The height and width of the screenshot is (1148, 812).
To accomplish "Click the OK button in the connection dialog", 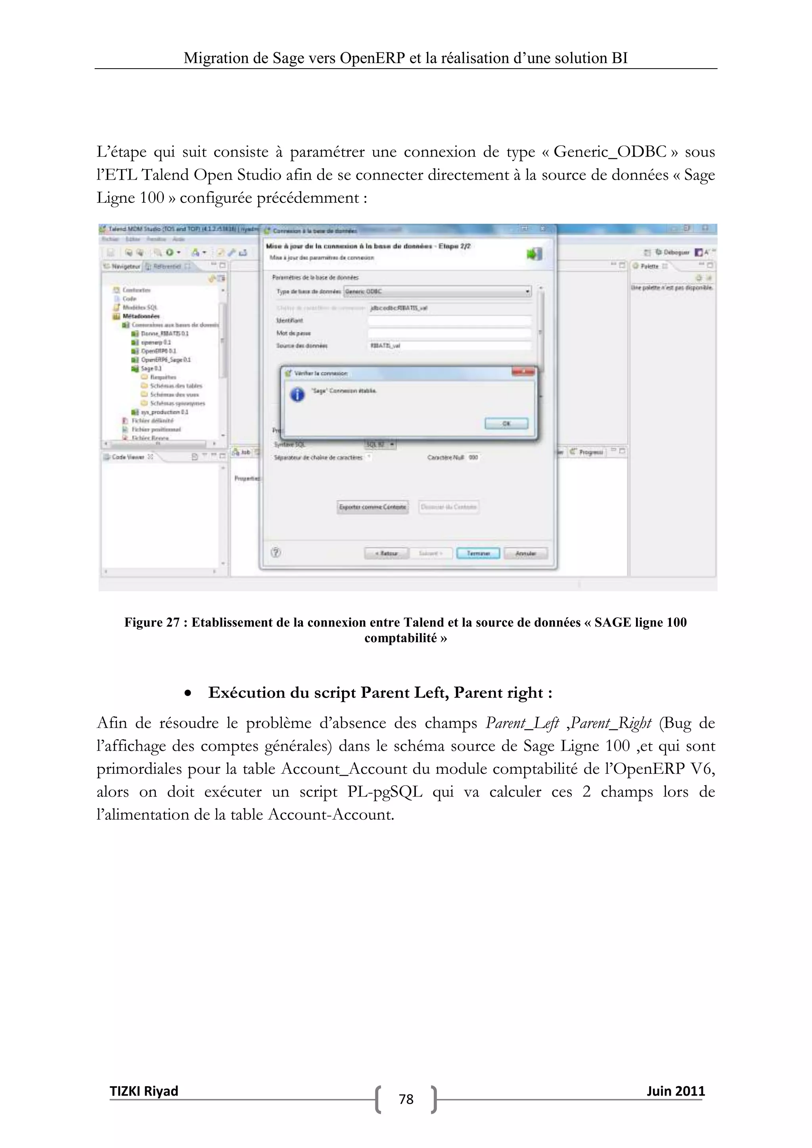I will point(506,423).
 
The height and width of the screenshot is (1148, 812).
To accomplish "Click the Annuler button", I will point(525,553).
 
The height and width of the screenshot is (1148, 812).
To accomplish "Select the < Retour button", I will point(387,553).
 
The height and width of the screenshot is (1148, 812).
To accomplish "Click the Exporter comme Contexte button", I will point(373,507).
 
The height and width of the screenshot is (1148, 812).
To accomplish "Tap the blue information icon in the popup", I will point(297,395).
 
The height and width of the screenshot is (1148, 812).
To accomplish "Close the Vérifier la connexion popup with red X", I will point(523,372).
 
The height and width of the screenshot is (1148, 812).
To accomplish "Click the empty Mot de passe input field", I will point(449,333).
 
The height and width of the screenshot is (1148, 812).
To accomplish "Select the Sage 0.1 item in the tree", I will point(151,369).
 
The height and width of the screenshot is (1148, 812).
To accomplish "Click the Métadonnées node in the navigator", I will point(141,316).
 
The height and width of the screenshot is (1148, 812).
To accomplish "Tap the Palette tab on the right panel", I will point(649,266).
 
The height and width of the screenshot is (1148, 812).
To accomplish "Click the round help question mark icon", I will point(276,553).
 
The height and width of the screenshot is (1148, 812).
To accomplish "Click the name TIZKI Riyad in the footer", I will point(144,1091).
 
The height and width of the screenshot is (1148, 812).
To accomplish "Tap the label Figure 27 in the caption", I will point(151,622).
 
